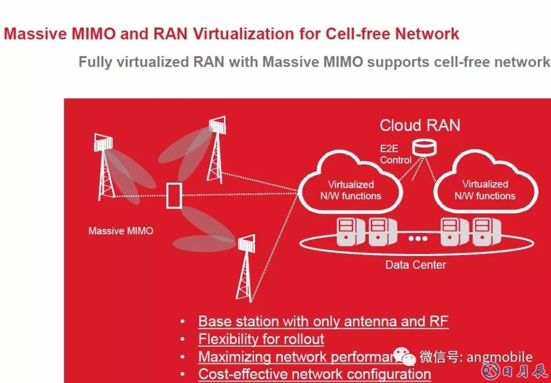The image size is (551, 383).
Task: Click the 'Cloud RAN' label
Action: [420, 125]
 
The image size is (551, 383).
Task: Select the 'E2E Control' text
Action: [395, 155]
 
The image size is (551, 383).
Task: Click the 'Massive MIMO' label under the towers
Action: [120, 231]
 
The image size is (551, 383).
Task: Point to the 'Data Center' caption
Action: [415, 265]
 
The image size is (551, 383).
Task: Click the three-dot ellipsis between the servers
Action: [417, 238]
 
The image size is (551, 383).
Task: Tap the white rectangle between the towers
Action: [174, 195]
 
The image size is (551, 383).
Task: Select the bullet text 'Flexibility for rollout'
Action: [261, 339]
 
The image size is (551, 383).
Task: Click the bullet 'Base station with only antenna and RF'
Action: [323, 322]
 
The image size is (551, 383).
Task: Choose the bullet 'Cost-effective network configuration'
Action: [314, 374]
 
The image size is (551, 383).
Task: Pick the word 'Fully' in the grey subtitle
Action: [95, 62]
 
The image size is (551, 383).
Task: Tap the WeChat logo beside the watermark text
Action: [408, 358]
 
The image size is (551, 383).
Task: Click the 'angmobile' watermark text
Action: [499, 357]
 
